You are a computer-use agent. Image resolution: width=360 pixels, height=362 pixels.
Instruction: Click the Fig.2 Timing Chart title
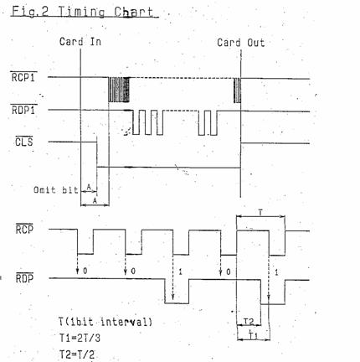point(83,12)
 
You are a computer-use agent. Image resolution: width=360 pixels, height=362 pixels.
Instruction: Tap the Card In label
point(80,42)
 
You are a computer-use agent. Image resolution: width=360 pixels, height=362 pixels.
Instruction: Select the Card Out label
point(240,43)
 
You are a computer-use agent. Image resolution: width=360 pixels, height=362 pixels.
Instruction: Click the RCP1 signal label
point(23,77)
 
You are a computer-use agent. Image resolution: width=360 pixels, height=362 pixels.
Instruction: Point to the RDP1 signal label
point(23,110)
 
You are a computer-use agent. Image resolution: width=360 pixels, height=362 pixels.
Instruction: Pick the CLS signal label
point(23,142)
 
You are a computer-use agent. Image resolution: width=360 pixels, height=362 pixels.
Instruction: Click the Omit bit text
point(55,190)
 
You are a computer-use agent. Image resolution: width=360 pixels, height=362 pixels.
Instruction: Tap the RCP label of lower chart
point(24,229)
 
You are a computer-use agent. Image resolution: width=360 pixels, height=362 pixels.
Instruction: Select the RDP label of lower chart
point(24,278)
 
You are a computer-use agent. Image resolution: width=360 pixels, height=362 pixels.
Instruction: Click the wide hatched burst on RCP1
point(119,90)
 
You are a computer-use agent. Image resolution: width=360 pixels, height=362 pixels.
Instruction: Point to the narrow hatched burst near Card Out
point(237,90)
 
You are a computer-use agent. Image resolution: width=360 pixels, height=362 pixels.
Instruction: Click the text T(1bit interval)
point(105,322)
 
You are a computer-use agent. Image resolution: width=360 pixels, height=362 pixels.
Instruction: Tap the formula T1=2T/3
point(80,339)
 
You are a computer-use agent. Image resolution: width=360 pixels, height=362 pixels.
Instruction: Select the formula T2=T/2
point(77,354)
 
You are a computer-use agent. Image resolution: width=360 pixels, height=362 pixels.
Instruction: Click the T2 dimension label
point(248,322)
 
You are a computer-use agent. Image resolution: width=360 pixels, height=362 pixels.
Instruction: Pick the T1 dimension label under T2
point(253,335)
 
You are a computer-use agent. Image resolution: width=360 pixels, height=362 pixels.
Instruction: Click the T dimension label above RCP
point(260,213)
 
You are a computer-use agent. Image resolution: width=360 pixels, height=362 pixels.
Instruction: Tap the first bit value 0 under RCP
point(85,271)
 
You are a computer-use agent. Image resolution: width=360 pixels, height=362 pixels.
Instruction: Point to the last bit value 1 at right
point(276,272)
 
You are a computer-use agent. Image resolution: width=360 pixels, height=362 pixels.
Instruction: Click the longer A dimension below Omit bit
point(95,204)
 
